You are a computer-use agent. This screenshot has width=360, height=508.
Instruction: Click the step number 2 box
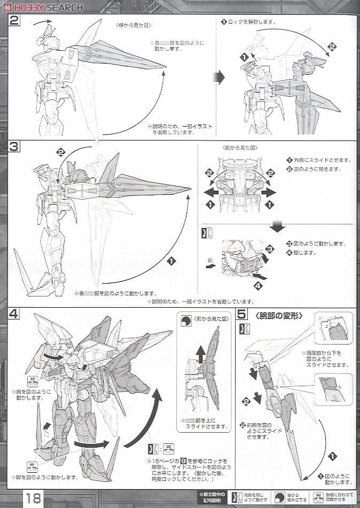coord(14,21)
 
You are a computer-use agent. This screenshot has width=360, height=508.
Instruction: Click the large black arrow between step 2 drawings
coord(218,78)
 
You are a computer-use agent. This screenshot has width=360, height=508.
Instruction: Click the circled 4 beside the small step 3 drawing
coord(258,285)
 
